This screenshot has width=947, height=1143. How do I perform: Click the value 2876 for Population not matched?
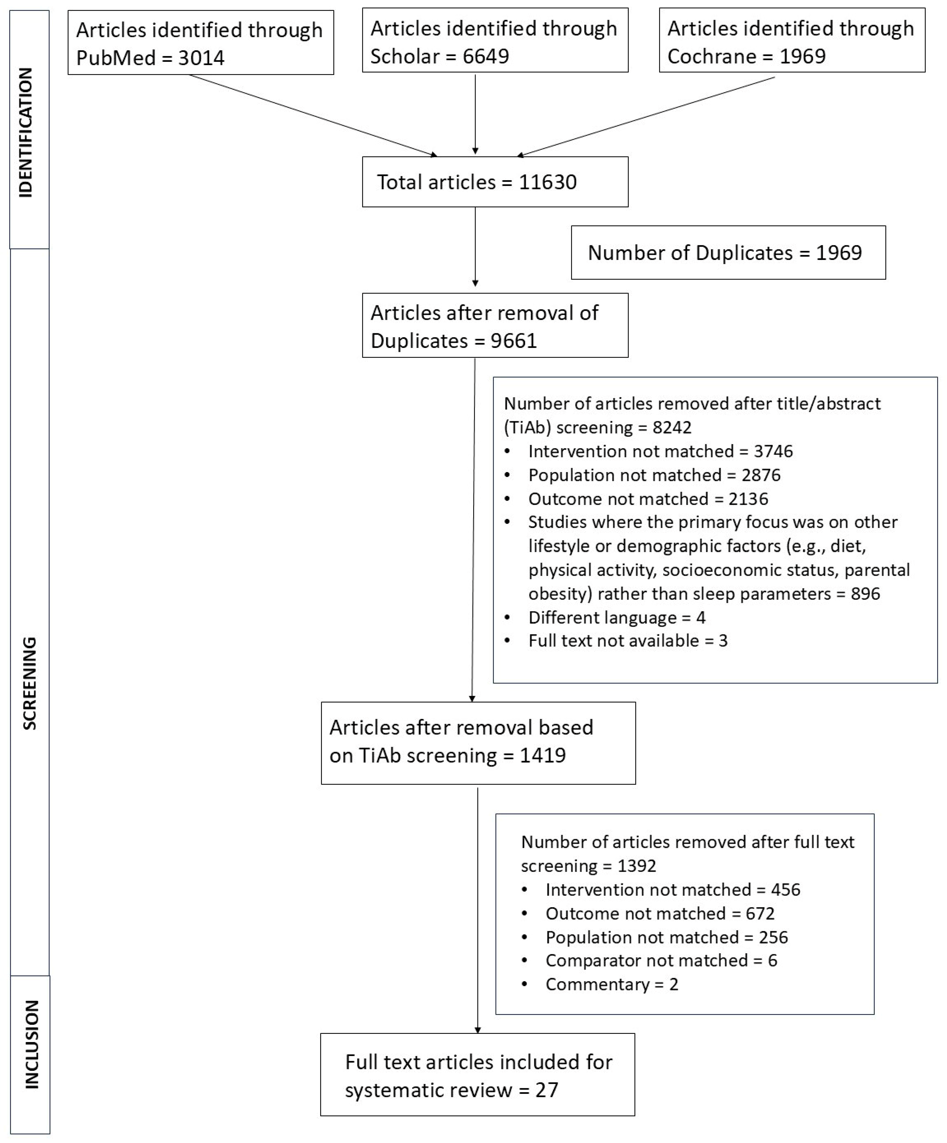coord(761,475)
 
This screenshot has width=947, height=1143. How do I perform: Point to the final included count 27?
coord(547,1090)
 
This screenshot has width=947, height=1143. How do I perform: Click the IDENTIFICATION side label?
coord(26,132)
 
